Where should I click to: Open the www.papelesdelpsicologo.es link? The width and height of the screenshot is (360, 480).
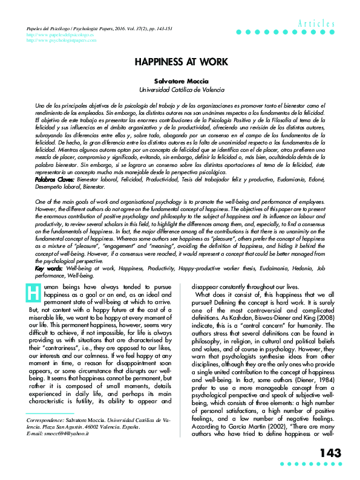61,36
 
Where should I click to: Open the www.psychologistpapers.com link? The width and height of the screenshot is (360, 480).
62,42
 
